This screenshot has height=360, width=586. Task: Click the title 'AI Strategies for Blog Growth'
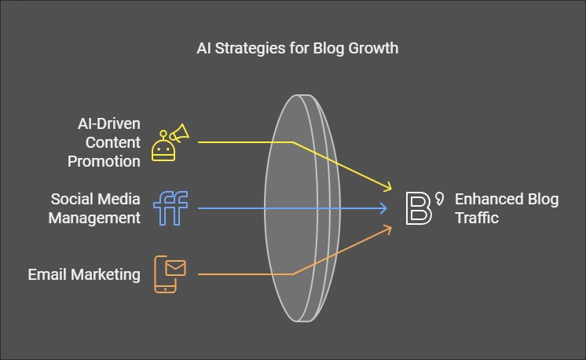pyautogui.click(x=298, y=49)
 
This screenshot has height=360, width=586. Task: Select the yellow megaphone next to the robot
pyautogui.click(x=180, y=133)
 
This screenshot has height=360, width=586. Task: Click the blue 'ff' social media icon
pyautogui.click(x=170, y=208)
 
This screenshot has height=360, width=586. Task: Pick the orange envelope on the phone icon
pyautogui.click(x=175, y=268)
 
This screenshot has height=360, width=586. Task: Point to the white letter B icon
pyautogui.click(x=419, y=208)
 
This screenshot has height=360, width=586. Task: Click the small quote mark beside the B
pyautogui.click(x=440, y=199)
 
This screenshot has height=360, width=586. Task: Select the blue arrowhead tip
pyautogui.click(x=386, y=208)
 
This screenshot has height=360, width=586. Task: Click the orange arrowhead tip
pyautogui.click(x=391, y=226)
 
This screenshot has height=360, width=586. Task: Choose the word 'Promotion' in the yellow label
pyautogui.click(x=104, y=161)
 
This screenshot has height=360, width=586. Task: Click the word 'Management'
pyautogui.click(x=94, y=218)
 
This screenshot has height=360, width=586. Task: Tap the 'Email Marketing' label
pyautogui.click(x=84, y=274)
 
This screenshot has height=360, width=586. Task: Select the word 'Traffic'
pyautogui.click(x=477, y=218)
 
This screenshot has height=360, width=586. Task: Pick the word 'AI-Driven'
pyautogui.click(x=109, y=123)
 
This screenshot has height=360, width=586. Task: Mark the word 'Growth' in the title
pyautogui.click(x=373, y=49)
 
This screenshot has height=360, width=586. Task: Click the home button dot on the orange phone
pyautogui.click(x=165, y=289)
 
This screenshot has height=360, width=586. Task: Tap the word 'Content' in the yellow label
pyautogui.click(x=113, y=142)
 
